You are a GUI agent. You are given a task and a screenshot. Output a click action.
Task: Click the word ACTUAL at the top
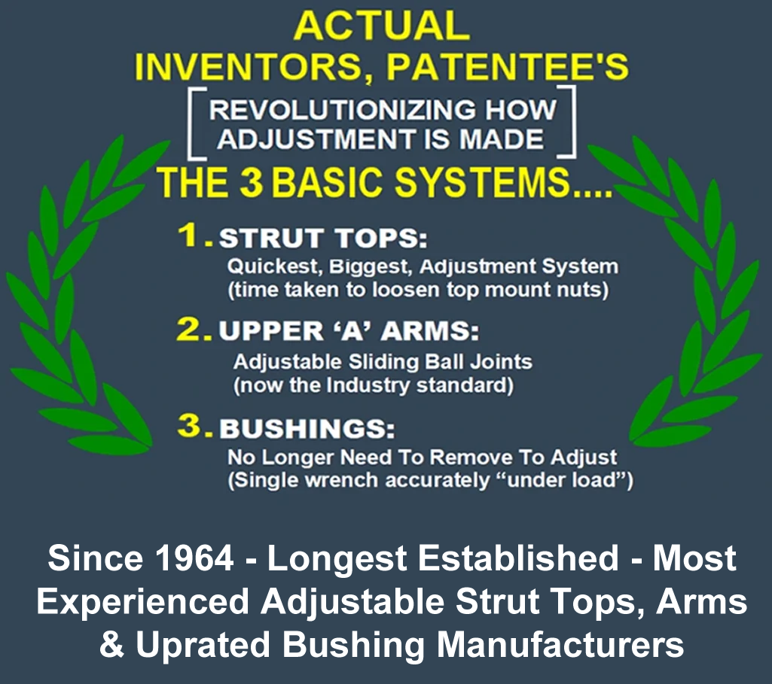(382, 26)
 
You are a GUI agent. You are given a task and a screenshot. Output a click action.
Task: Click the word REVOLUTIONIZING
(343, 109)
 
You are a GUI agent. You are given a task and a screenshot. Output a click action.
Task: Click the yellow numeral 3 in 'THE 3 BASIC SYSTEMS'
(252, 182)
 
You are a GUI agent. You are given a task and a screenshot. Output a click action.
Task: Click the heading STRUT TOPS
(322, 238)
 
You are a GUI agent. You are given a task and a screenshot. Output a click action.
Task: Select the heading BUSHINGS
(307, 428)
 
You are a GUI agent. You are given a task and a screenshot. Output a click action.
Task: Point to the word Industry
(368, 385)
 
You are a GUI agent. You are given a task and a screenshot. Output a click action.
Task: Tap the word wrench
(342, 480)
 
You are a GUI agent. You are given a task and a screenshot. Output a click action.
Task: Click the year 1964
(194, 558)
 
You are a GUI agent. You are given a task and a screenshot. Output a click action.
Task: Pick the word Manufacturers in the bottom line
(561, 644)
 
